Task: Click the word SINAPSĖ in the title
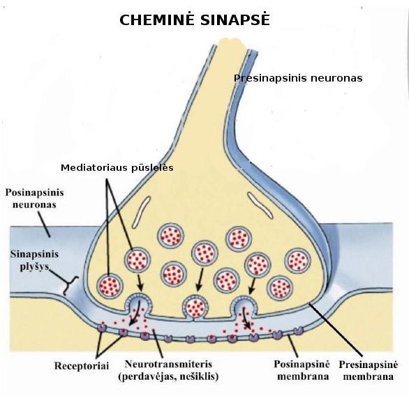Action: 235,19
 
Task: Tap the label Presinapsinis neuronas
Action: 298,78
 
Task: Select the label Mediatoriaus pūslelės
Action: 117,167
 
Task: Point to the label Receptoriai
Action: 82,366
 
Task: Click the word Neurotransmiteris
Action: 168,364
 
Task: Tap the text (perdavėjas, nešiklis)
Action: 168,376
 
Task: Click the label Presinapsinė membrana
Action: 369,370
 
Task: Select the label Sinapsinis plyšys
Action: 34,261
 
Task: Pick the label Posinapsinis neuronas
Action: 34,198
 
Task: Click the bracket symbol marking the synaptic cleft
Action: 70,286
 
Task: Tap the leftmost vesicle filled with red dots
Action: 110,286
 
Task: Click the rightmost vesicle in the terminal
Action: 297,261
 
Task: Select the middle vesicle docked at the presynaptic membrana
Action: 195,307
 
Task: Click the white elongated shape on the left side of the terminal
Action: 142,212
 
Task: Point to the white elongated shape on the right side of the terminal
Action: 260,205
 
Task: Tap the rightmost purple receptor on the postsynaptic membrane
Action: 298,331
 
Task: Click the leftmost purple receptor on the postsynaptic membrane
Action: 102,328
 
